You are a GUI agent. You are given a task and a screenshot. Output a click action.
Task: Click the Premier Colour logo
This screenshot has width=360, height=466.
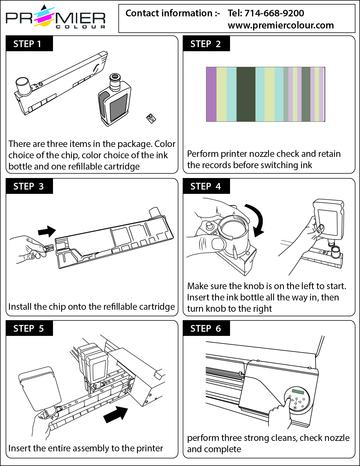click(x=56, y=17)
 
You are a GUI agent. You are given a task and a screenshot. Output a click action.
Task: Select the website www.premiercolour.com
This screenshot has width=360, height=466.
click(x=281, y=25)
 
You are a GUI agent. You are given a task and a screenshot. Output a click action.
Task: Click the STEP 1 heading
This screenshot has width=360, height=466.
click(x=29, y=44)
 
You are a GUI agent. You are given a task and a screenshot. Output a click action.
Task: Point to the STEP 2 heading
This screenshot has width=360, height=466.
click(x=206, y=44)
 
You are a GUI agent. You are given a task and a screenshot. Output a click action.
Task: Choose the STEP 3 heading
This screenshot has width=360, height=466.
click(x=29, y=186)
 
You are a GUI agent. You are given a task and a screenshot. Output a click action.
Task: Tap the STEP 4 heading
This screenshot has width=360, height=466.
click(x=206, y=186)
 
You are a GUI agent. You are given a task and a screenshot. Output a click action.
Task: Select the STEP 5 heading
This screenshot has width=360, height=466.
click(x=29, y=329)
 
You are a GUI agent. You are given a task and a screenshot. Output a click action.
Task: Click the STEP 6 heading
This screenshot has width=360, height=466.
click(x=206, y=329)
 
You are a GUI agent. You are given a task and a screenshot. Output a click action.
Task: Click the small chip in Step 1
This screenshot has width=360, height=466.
click(x=151, y=119)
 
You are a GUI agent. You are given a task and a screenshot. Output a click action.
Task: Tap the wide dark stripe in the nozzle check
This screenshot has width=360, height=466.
click(x=246, y=94)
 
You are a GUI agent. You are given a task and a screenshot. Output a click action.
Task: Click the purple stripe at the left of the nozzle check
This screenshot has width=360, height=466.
click(x=211, y=94)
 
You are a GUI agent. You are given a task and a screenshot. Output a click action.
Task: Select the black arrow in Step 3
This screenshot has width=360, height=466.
click(x=47, y=231)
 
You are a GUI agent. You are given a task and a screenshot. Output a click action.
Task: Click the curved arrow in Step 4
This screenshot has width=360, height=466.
click(x=257, y=218)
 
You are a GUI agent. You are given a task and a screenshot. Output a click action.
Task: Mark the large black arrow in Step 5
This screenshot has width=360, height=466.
click(x=116, y=414)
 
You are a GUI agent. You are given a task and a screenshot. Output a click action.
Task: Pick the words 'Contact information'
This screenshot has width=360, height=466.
click(x=169, y=13)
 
